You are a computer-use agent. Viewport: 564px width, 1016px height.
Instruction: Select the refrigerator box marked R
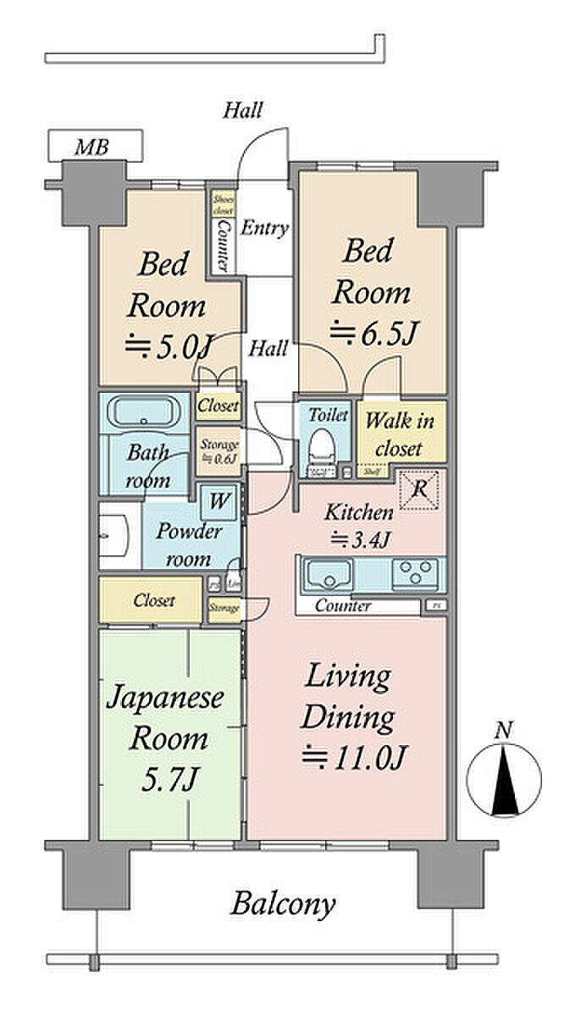pyautogui.click(x=417, y=491)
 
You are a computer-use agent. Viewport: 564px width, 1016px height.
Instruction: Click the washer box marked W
pyautogui.click(x=218, y=501)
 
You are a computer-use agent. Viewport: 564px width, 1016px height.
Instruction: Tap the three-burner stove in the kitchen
pyautogui.click(x=417, y=573)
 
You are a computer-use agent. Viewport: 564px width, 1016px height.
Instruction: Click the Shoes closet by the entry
pyautogui.click(x=222, y=203)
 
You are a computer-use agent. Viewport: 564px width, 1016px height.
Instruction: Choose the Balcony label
pyautogui.click(x=284, y=904)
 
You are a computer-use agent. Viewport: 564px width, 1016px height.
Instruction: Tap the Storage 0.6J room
pyautogui.click(x=218, y=450)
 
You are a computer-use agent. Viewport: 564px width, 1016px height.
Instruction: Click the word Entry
pyautogui.click(x=264, y=229)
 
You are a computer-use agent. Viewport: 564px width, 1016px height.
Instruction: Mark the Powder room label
pyautogui.click(x=188, y=545)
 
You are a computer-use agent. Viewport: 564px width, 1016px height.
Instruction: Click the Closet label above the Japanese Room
pyautogui.click(x=154, y=600)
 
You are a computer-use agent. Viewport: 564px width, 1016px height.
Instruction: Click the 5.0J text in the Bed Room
pyautogui.click(x=167, y=346)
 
